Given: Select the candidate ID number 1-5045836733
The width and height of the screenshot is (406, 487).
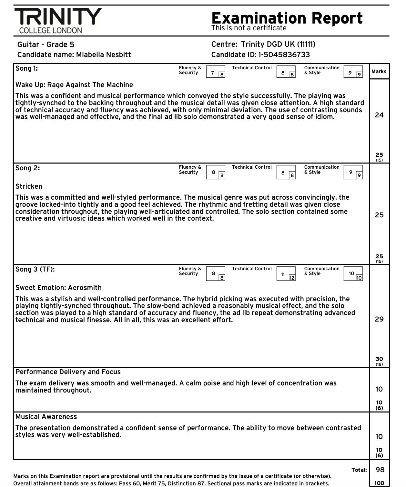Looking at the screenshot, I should click(284, 55).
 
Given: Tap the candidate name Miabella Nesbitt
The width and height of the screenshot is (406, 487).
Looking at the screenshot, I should click(103, 55).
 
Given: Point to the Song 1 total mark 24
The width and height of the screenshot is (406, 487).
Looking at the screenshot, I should click(379, 115).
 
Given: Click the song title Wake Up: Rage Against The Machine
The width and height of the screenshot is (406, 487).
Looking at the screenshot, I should click(74, 85).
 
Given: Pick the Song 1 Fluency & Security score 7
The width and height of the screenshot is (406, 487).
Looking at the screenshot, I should click(212, 73).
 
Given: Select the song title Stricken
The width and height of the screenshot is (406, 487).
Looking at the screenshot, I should click(29, 186).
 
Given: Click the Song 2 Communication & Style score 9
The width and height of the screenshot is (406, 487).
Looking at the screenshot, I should click(350, 172).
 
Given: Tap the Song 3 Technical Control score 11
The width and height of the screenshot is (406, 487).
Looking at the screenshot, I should click(283, 274).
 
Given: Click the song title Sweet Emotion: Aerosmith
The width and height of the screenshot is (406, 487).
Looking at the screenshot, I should click(58, 288).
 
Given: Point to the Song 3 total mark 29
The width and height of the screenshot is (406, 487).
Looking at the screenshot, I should click(379, 319).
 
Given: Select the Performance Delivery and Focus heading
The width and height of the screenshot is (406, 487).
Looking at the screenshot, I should click(68, 372).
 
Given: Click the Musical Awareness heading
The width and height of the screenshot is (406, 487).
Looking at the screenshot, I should click(46, 417).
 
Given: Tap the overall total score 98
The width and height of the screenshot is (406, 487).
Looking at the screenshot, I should click(380, 470).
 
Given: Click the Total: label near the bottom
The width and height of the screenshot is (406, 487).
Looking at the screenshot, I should click(359, 470).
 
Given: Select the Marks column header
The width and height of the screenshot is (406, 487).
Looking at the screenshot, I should click(379, 72).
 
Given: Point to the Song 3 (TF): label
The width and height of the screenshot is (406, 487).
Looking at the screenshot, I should click(35, 269).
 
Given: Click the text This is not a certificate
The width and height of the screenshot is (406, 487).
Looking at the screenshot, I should click(249, 28).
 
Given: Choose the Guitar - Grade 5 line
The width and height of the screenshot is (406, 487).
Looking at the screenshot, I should click(46, 45).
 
